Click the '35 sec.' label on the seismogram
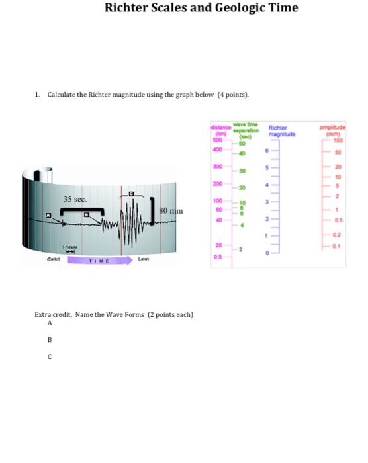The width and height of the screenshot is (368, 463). tap(75, 199)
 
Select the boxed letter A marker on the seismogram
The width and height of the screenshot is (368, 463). tap(49, 216)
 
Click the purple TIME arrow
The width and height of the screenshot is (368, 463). tap(99, 260)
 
